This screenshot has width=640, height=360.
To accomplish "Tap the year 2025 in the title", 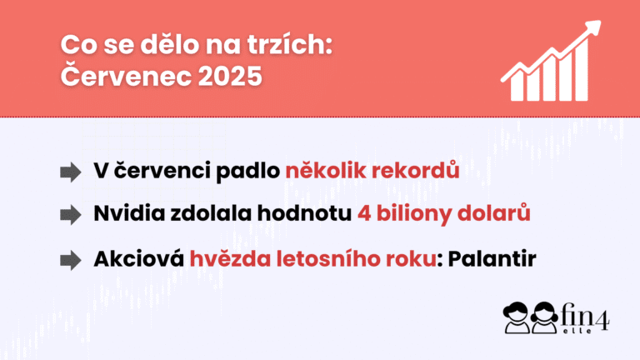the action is pyautogui.click(x=230, y=77).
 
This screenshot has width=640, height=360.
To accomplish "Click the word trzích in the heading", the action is pyautogui.click(x=268, y=44).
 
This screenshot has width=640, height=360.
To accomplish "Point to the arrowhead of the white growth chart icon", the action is pyautogui.click(x=592, y=27).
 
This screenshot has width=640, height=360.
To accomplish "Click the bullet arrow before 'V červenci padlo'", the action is pyautogui.click(x=70, y=172).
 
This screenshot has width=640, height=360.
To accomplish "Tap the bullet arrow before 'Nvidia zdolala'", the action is pyautogui.click(x=70, y=215).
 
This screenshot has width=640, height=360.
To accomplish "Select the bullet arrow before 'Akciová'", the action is pyautogui.click(x=70, y=260).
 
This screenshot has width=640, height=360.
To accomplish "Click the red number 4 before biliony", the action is pyautogui.click(x=364, y=214).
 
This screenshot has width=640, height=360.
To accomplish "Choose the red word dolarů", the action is pyautogui.click(x=494, y=212).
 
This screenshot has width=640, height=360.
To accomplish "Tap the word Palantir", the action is pyautogui.click(x=492, y=259).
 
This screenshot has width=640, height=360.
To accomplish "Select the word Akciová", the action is pyautogui.click(x=139, y=258).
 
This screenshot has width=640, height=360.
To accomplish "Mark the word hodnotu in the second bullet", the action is pyautogui.click(x=304, y=213).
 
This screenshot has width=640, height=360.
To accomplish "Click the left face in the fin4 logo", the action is pyautogui.click(x=516, y=317).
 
